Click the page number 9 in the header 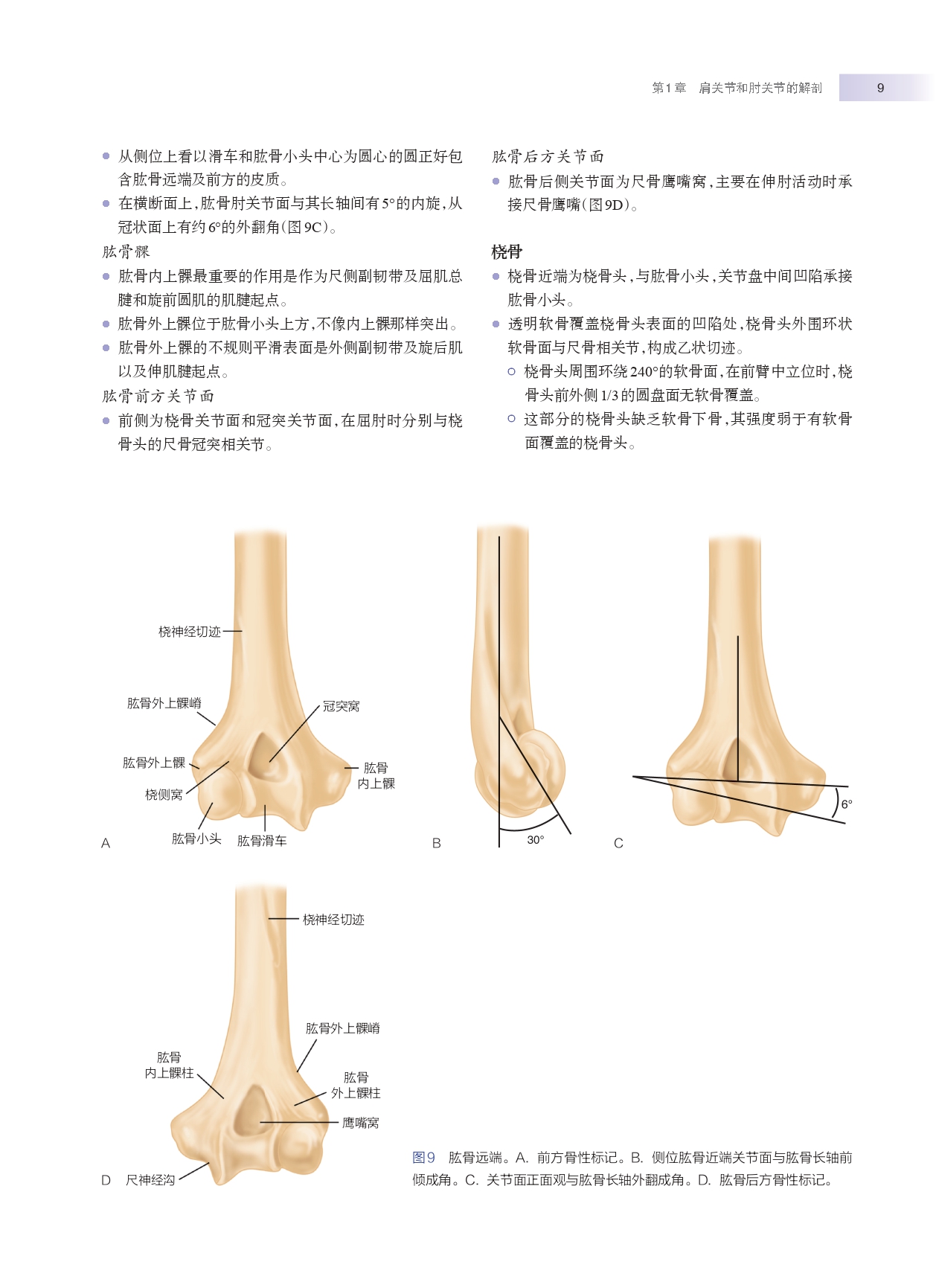pyautogui.click(x=880, y=88)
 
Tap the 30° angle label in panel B pyautogui.click(x=535, y=839)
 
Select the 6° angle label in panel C pyautogui.click(x=846, y=804)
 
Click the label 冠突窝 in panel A pyautogui.click(x=341, y=706)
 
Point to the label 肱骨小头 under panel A pyautogui.click(x=196, y=839)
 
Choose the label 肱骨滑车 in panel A pyautogui.click(x=262, y=841)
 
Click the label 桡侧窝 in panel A pyautogui.click(x=164, y=795)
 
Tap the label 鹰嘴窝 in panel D pyautogui.click(x=361, y=1123)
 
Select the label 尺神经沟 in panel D pyautogui.click(x=150, y=1180)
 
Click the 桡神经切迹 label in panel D pyautogui.click(x=333, y=920)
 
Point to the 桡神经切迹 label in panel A pyautogui.click(x=190, y=632)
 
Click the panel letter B pyautogui.click(x=437, y=843)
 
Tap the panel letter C pyautogui.click(x=618, y=843)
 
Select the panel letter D pyautogui.click(x=106, y=1180)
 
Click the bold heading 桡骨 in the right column pyautogui.click(x=507, y=252)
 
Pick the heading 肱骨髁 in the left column pyautogui.click(x=126, y=252)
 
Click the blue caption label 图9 pyautogui.click(x=423, y=1158)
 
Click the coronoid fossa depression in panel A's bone pyautogui.click(x=262, y=757)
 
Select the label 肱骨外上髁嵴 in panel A pyautogui.click(x=164, y=703)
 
